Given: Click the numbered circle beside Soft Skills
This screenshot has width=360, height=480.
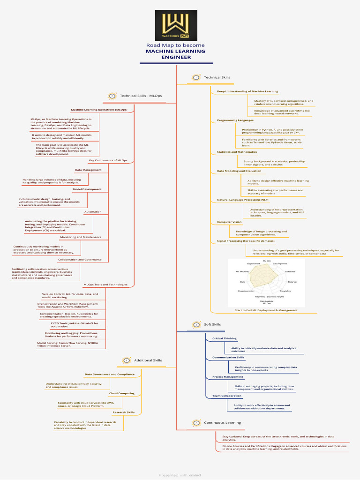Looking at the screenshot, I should click(x=196, y=324).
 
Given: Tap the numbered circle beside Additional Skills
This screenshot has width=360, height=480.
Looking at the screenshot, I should click(x=127, y=360).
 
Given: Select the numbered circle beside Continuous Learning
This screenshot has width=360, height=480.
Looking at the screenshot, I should click(x=196, y=423).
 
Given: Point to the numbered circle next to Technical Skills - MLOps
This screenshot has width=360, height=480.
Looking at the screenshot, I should click(x=112, y=96).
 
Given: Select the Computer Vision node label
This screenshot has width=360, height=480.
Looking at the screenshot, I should click(x=229, y=222).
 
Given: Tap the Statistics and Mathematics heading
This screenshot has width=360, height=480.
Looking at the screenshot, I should click(x=237, y=152).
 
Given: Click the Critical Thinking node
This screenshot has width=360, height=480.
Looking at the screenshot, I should click(x=224, y=338).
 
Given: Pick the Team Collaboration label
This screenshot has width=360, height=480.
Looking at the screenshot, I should click(x=226, y=396).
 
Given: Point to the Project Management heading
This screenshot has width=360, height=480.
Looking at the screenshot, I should click(x=227, y=376).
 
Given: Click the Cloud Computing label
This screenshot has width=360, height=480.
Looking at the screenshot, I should click(x=121, y=393).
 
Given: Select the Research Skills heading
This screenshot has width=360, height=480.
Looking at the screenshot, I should click(x=123, y=412).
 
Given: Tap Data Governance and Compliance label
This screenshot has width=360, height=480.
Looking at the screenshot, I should click(x=109, y=374).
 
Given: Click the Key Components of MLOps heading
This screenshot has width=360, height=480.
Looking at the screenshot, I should click(x=108, y=160).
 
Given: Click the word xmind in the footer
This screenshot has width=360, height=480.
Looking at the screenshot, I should click(x=195, y=475).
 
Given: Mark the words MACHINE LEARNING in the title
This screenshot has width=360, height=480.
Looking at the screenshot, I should click(x=175, y=51).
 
